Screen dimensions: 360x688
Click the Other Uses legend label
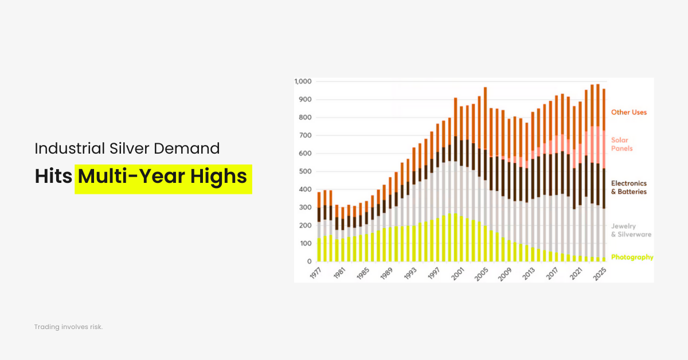click(628, 112)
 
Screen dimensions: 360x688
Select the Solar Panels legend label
click(623, 144)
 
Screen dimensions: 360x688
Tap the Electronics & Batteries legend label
click(628, 187)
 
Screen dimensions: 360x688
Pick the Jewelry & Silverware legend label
click(631, 230)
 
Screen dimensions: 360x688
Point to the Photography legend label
click(632, 257)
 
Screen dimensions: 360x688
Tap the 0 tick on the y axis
click(309, 261)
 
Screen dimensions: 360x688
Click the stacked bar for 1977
click(319, 226)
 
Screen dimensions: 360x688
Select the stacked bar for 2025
click(604, 175)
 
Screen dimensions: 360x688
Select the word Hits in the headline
click(53, 177)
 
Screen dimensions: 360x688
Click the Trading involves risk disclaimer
click(68, 327)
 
